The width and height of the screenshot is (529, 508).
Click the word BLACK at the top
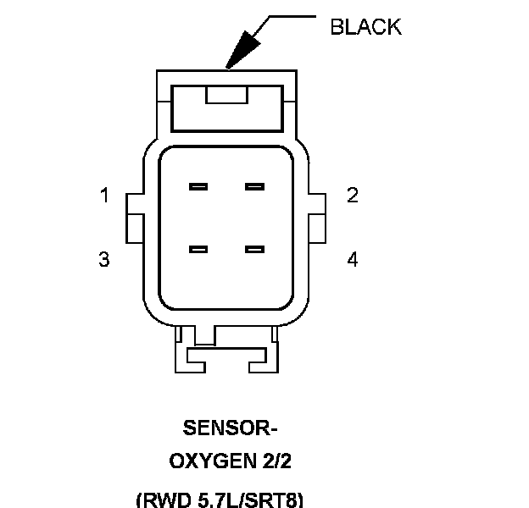pyautogui.click(x=365, y=27)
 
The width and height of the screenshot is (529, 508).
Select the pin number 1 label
pyautogui.click(x=104, y=196)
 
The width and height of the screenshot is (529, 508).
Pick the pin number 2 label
pyautogui.click(x=353, y=196)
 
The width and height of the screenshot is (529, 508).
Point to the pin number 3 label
pyautogui.click(x=104, y=259)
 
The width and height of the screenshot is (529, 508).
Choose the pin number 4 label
pyautogui.click(x=353, y=259)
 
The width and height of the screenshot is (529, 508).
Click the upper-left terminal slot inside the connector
pyautogui.click(x=199, y=186)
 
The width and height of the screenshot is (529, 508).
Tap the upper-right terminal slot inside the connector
pyautogui.click(x=255, y=186)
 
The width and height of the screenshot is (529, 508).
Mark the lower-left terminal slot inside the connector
pyautogui.click(x=199, y=249)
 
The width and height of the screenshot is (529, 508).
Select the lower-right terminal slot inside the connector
pyautogui.click(x=255, y=249)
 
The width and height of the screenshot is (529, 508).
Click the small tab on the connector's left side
pyautogui.click(x=135, y=216)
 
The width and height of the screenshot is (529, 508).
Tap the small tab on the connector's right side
pyautogui.click(x=318, y=216)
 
